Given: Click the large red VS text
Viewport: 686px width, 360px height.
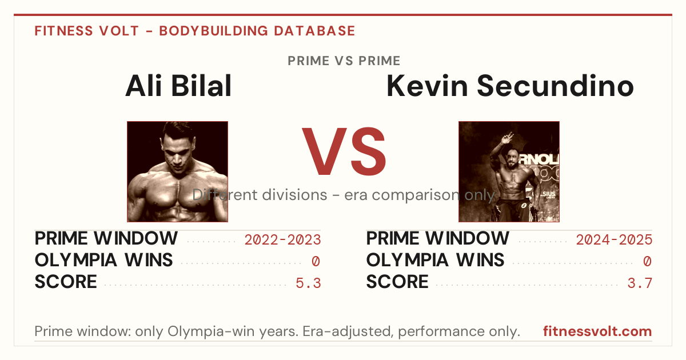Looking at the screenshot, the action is coord(344,151).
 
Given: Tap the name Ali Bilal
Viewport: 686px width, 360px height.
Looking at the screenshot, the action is coord(178,86).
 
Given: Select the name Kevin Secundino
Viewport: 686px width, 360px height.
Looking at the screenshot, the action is coord(510,86).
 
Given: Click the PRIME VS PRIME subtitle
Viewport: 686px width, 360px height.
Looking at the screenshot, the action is coord(344,61).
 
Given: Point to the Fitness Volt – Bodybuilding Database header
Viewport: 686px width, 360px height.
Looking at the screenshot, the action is coord(195,31).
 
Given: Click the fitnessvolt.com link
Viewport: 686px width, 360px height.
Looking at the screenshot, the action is coord(597,331).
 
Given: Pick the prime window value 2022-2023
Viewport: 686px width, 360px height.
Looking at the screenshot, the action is coord(282,239).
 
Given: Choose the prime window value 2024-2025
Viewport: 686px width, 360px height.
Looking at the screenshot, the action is coord(614,239).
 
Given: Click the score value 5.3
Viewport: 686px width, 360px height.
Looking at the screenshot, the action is coord(308,283).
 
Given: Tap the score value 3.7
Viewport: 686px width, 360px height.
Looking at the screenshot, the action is coord(640,283).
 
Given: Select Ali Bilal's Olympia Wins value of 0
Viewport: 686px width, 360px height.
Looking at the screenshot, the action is coord(316,262).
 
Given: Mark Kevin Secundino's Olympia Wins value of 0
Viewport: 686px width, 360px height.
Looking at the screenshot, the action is coord(647,262).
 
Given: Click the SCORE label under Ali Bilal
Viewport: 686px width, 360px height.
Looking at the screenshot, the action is coord(66,282).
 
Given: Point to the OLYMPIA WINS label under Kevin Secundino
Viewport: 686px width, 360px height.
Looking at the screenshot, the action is coord(435,260).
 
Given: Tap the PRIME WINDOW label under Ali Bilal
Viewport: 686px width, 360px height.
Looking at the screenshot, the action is coord(106,238).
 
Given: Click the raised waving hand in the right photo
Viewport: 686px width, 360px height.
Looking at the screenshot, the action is coord(507,138).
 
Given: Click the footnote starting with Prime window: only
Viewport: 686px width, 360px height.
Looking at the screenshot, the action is coord(277,331).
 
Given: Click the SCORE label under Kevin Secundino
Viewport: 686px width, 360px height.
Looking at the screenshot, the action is coord(397,282).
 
